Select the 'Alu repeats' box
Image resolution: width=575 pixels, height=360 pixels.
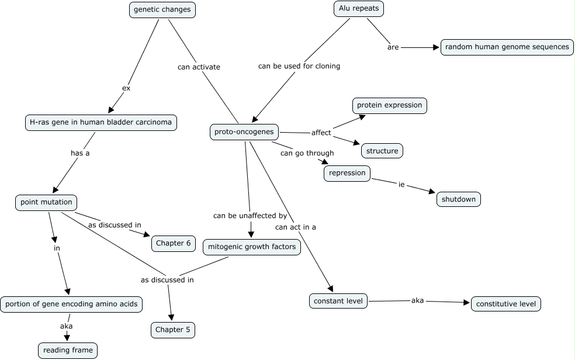358,9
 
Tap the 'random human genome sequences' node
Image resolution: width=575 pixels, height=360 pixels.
507,47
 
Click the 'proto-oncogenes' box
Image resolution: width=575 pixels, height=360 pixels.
244,132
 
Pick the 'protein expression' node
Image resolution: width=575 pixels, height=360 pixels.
390,105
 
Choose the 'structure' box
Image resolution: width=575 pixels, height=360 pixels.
382,151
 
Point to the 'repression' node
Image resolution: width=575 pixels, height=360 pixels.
347,173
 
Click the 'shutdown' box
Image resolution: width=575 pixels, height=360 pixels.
459,199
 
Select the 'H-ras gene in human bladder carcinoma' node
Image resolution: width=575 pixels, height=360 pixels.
101,122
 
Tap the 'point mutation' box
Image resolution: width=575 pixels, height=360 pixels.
46,202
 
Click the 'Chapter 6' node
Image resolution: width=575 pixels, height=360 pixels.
174,243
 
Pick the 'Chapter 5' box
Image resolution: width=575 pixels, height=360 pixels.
173,330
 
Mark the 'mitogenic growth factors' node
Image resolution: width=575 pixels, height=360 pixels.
252,247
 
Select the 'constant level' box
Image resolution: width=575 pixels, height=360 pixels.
338,301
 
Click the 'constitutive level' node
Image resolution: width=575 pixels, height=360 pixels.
506,304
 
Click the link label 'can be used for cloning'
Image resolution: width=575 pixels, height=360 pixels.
299,66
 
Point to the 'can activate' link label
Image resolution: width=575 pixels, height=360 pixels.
199,67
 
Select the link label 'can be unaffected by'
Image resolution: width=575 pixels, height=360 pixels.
250,216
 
